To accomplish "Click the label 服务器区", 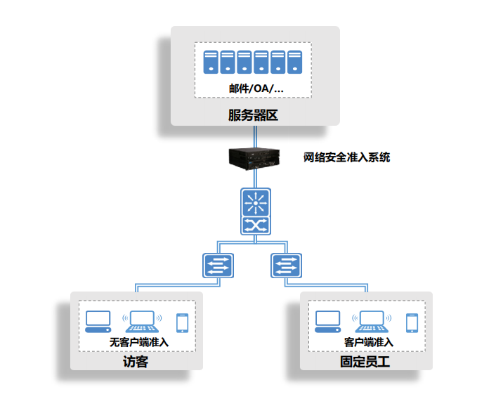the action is [x=253, y=115].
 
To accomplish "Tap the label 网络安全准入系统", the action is [x=347, y=157].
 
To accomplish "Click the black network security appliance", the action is [x=254, y=159].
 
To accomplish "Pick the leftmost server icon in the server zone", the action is [x=211, y=62].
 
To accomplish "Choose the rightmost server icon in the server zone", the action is [x=294, y=62].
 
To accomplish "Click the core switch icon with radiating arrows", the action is [x=256, y=203].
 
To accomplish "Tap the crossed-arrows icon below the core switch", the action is [x=256, y=225].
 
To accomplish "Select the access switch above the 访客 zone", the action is [x=218, y=266].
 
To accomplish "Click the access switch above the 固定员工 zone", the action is [x=286, y=266].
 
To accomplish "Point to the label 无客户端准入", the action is [x=139, y=342].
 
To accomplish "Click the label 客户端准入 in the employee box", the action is [x=369, y=342].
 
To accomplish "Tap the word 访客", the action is [x=136, y=362].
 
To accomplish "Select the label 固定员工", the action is [x=365, y=362].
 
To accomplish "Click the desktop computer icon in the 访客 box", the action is [x=98, y=322].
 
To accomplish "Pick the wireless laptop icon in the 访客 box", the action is [x=142, y=322].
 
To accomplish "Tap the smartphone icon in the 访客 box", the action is [x=182, y=323].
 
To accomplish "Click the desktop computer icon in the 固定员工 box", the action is [x=328, y=322].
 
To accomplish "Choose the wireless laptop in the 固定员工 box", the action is [x=372, y=322].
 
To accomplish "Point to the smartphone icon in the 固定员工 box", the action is [x=412, y=323].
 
